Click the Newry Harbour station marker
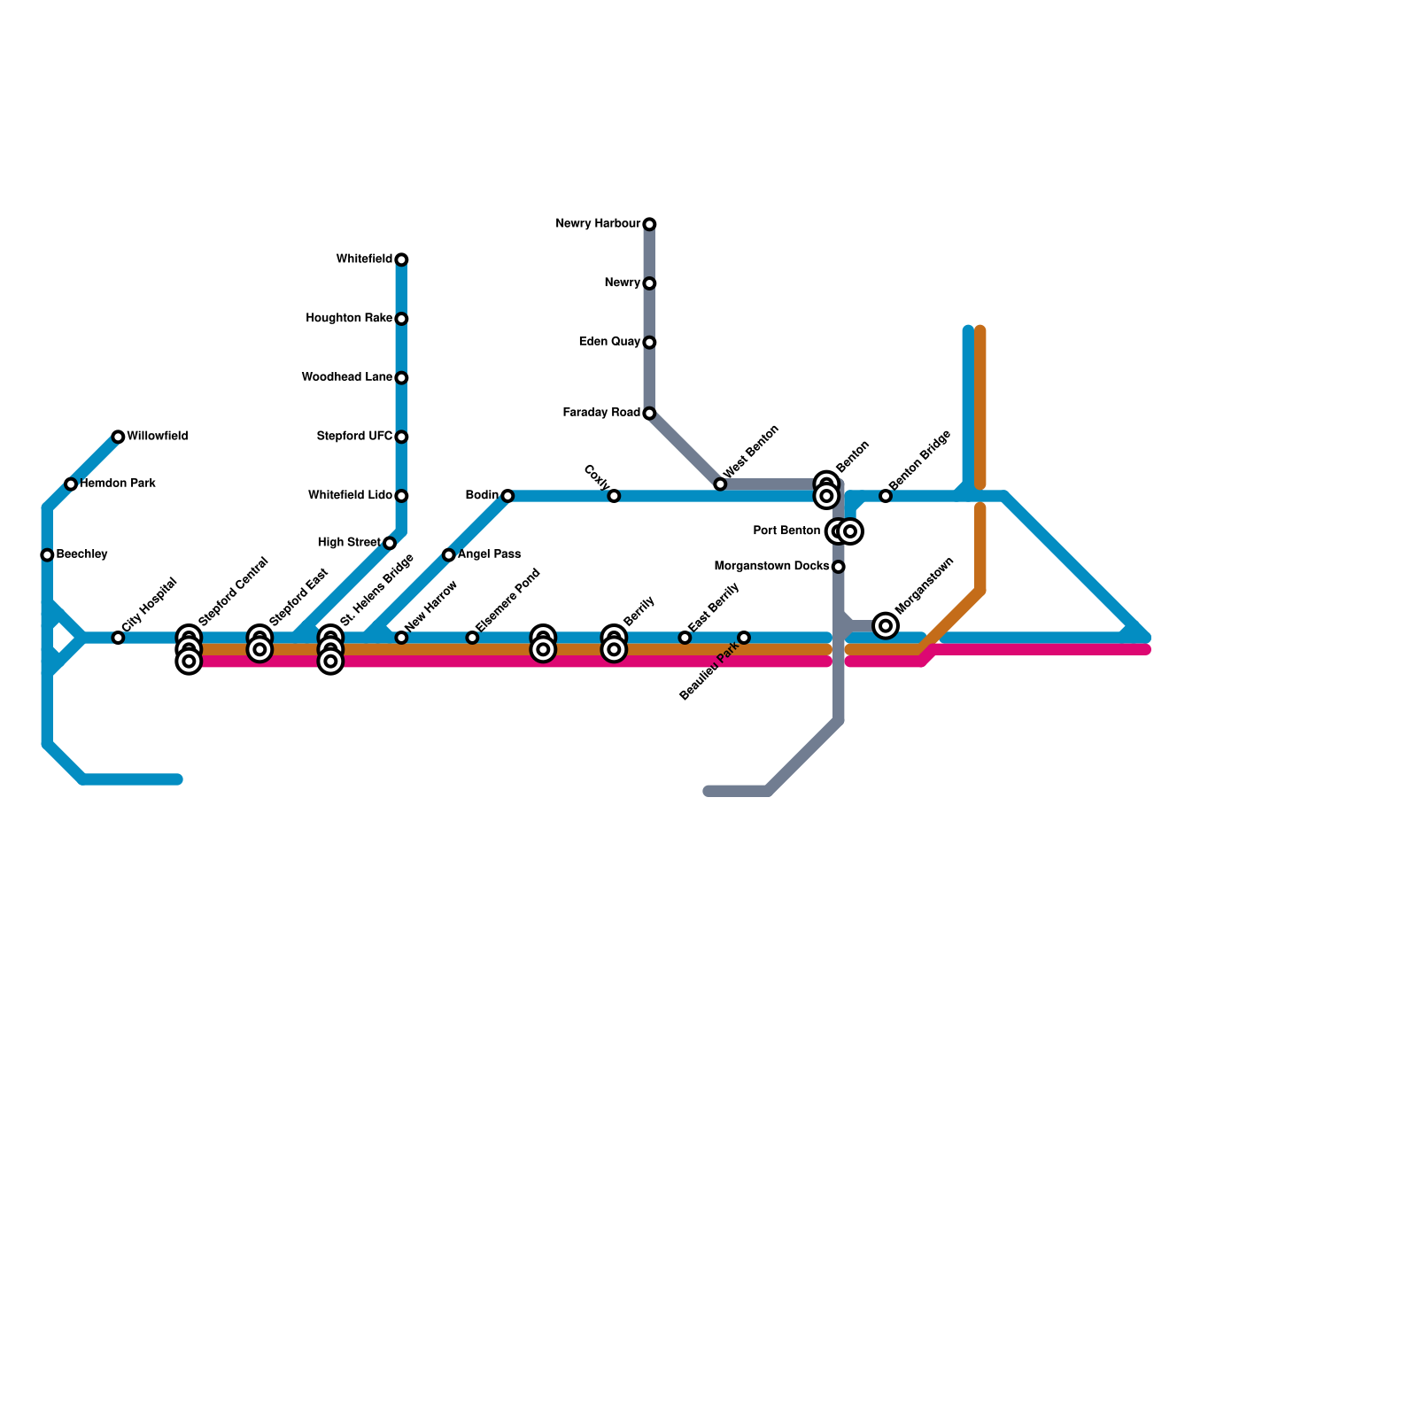click(649, 224)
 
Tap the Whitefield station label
click(364, 259)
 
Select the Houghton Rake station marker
click(401, 319)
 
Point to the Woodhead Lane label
click(346, 377)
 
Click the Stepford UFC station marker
click(401, 437)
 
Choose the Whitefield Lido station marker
click(401, 496)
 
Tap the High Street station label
click(349, 543)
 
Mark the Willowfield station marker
click(118, 437)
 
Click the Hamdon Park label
click(118, 484)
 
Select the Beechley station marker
click(47, 555)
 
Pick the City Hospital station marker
click(118, 638)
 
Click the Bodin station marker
click(507, 496)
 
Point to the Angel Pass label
click(489, 554)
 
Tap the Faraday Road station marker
click(649, 414)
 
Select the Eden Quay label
click(609, 342)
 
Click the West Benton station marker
click(720, 484)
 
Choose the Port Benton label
click(786, 531)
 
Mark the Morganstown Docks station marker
click(839, 567)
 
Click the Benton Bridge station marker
click(886, 496)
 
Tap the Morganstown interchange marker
click(886, 626)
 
